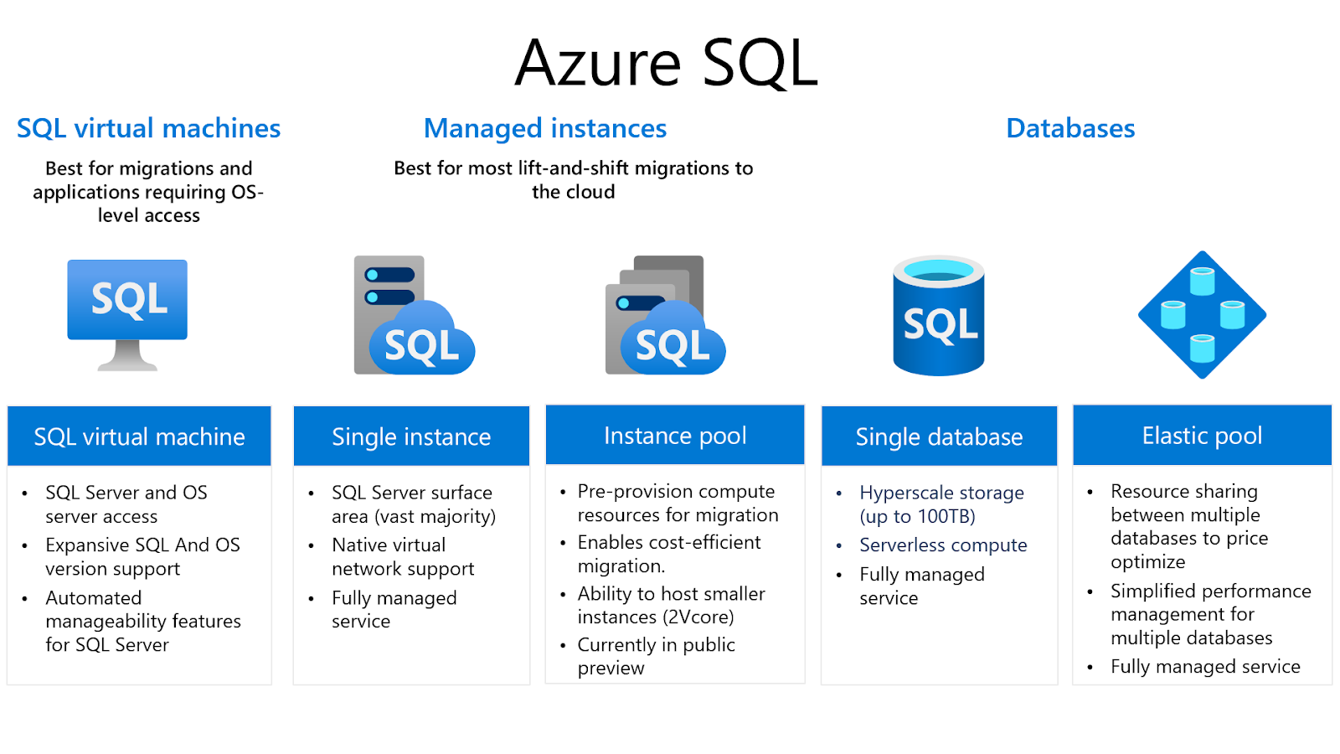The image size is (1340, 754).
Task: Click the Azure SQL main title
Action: [666, 63]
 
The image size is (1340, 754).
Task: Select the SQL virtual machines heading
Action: [148, 128]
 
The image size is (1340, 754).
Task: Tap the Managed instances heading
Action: [544, 128]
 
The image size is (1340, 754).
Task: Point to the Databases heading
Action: [1069, 128]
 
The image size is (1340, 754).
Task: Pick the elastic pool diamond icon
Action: [1202, 315]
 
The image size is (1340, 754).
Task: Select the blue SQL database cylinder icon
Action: [938, 316]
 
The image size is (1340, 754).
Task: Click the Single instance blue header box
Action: [411, 436]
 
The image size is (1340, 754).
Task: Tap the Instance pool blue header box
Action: [675, 436]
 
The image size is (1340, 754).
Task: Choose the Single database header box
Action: [939, 436]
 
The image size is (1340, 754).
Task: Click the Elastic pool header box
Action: [1202, 436]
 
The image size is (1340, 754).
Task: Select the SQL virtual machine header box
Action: [139, 436]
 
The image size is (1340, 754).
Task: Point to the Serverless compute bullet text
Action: [943, 545]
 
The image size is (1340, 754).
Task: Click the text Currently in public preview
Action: [656, 656]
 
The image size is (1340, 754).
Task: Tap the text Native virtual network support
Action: [402, 557]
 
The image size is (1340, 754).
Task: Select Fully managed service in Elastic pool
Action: [1205, 667]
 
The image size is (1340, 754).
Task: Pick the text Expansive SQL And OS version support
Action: [142, 557]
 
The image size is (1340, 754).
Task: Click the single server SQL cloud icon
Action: [415, 316]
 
